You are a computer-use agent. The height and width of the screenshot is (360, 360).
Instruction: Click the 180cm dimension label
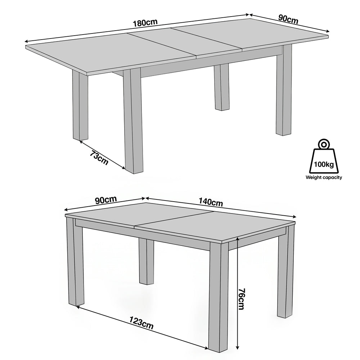tap(145, 22)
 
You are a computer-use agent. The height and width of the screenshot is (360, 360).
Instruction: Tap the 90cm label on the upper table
tap(288, 19)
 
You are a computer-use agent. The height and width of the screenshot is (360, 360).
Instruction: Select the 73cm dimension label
tap(99, 158)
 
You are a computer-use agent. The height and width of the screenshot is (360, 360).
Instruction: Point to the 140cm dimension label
tap(211, 202)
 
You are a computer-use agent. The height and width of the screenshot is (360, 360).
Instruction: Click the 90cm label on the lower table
tap(106, 200)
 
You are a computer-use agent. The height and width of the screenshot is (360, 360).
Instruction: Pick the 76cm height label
tap(241, 299)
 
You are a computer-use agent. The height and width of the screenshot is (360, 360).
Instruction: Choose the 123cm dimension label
tap(141, 323)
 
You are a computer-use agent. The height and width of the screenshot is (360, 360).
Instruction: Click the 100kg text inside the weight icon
tap(324, 165)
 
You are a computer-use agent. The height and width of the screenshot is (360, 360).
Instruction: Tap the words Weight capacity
tap(324, 177)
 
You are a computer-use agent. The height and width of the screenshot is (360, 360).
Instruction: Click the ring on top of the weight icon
tap(324, 144)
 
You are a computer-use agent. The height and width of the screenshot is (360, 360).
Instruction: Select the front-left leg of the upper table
tap(133, 121)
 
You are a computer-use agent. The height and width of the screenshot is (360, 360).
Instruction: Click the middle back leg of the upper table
tap(222, 87)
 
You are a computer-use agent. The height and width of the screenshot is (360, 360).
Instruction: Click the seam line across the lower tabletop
tap(174, 219)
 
